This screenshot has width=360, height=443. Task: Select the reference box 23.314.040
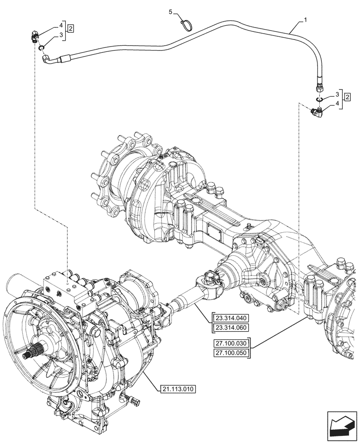pos(231,318)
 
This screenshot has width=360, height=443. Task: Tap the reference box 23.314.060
pos(231,327)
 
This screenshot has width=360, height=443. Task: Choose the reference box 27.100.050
pos(231,353)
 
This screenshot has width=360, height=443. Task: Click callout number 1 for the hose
pos(305,20)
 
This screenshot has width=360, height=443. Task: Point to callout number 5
pos(170,12)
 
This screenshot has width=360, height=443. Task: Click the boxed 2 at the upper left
pos(70,29)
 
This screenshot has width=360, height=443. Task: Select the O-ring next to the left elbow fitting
pos(41,47)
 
